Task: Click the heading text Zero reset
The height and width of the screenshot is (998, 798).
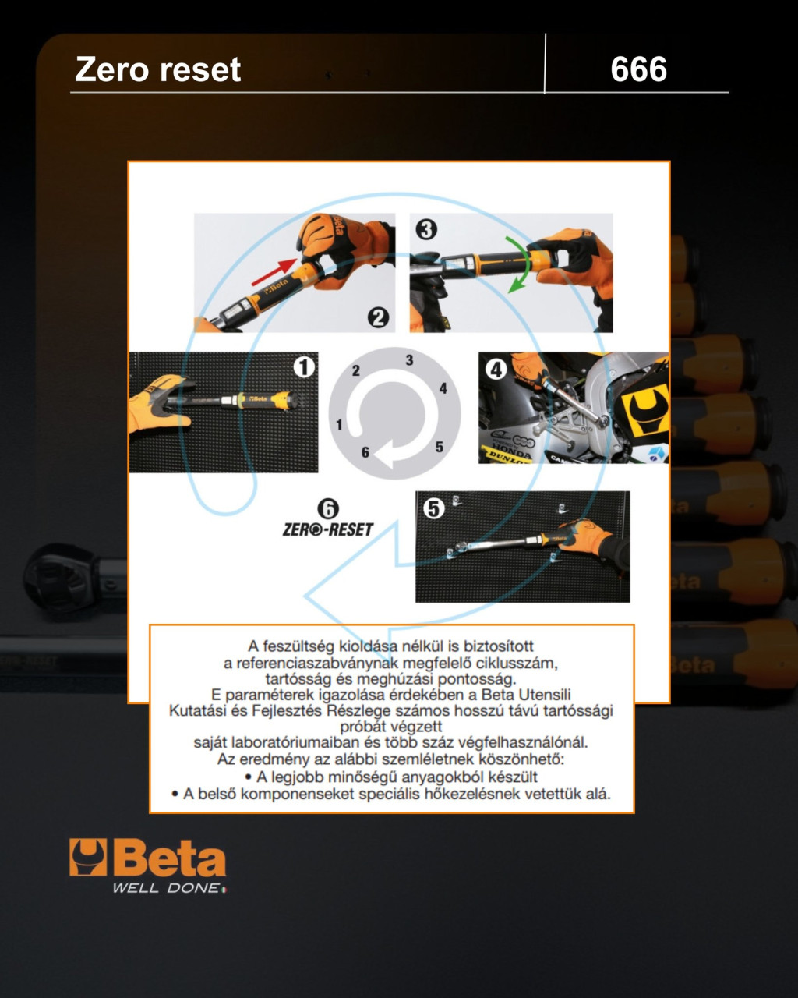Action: [157, 69]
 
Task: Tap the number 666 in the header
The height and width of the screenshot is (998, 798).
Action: [638, 69]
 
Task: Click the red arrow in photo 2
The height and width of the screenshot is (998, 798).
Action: [274, 272]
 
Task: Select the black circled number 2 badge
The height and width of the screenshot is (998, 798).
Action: [379, 317]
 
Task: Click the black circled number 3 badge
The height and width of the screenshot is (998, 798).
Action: [426, 229]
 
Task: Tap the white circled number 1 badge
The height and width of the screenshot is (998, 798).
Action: [304, 367]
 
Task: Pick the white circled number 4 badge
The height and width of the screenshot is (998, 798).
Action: [496, 370]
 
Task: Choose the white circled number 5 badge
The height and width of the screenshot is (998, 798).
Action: [433, 508]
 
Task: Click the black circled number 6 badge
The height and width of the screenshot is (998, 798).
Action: [328, 509]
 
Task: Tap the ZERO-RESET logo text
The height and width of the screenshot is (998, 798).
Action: [328, 529]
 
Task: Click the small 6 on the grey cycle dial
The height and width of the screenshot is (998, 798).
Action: [365, 452]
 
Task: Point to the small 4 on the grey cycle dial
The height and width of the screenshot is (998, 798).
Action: [443, 388]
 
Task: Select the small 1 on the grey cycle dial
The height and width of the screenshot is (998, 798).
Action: [340, 425]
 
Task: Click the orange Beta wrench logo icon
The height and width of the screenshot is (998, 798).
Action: [88, 857]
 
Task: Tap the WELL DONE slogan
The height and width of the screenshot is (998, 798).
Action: [168, 888]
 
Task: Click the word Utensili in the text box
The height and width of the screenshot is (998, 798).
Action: [544, 694]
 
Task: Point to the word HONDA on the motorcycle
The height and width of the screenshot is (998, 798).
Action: [511, 449]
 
